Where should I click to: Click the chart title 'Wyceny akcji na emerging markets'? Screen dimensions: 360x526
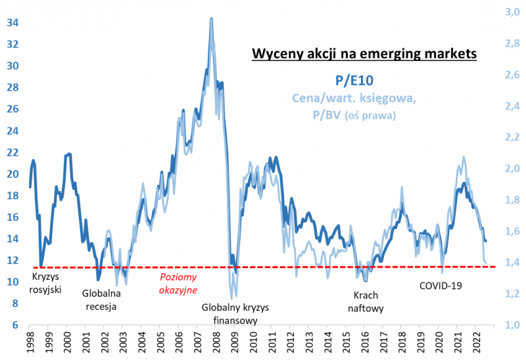point(364,54)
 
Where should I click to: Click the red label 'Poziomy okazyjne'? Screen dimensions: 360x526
point(179,282)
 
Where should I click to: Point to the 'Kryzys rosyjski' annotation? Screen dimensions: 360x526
point(46,282)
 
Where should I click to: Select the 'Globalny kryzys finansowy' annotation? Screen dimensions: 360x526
point(235,314)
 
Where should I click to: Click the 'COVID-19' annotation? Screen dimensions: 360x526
point(441,286)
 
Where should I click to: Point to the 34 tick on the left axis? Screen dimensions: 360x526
point(12,23)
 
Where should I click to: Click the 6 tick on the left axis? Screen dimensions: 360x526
point(15,325)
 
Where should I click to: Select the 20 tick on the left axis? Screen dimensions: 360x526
point(12,174)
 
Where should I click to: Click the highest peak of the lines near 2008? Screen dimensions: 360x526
point(211,19)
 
